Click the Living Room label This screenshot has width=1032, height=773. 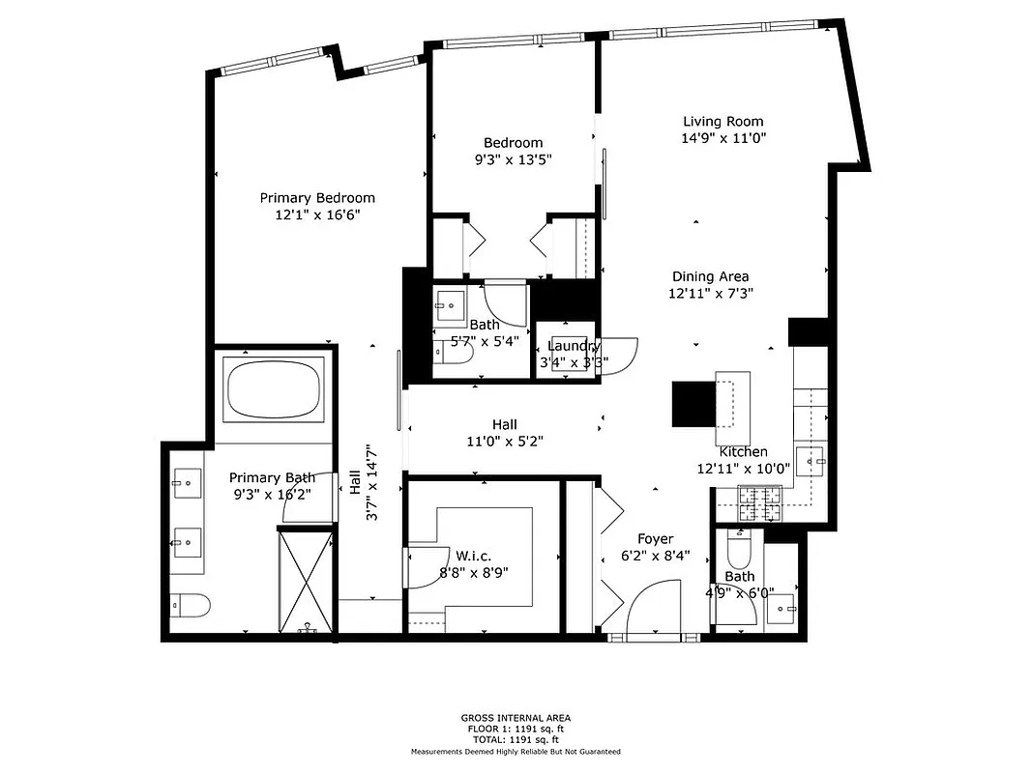click(x=722, y=122)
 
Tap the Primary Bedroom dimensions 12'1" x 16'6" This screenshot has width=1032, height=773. click(x=317, y=215)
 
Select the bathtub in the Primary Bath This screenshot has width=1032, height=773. click(x=273, y=389)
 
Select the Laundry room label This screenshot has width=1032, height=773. click(x=574, y=346)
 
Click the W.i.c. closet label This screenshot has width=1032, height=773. click(x=474, y=556)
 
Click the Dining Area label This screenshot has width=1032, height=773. click(x=710, y=276)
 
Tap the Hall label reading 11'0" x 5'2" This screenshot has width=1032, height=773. click(x=504, y=442)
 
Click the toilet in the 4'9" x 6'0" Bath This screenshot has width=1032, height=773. click(x=737, y=554)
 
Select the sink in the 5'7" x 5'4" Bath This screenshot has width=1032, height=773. click(x=450, y=305)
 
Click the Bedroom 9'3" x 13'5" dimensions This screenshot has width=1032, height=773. click(x=513, y=159)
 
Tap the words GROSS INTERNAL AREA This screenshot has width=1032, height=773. click(x=516, y=718)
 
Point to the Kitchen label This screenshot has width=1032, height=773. click(x=743, y=452)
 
